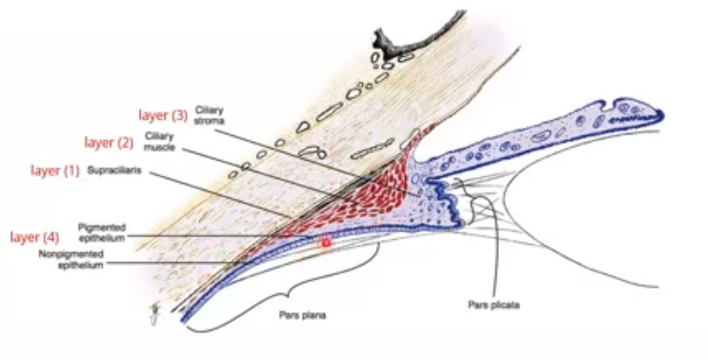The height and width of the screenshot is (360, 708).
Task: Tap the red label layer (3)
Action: (164, 115)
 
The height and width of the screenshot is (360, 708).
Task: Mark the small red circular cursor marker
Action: (326, 244)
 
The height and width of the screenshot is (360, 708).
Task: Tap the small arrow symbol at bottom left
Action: (152, 313)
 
